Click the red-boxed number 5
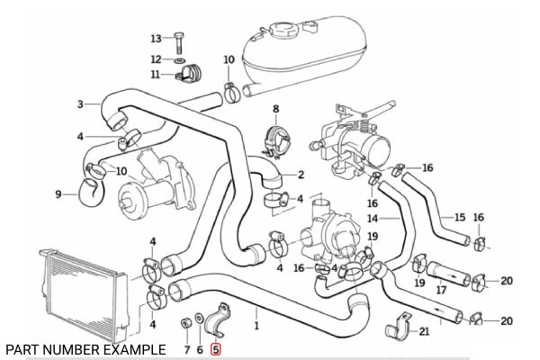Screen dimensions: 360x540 click(215, 348)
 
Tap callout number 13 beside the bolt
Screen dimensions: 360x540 click(156, 38)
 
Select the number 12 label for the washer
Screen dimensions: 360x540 click(156, 58)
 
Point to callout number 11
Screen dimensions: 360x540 click(156, 74)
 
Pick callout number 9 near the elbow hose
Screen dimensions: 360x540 click(58, 193)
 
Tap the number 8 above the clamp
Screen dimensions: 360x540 click(276, 109)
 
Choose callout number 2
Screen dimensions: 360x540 click(301, 174)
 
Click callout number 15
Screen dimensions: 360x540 click(460, 217)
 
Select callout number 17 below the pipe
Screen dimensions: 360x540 click(441, 291)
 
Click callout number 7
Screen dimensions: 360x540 click(186, 348)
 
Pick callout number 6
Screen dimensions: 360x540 click(200, 348)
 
